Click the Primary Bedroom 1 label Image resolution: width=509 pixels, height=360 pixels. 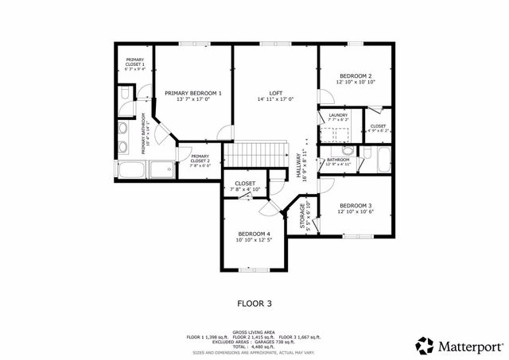(193, 93)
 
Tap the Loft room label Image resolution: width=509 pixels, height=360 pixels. (276, 93)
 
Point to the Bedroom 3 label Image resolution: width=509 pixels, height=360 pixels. (356, 204)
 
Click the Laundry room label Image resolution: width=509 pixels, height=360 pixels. (338, 116)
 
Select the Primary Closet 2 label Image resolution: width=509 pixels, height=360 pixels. (200, 158)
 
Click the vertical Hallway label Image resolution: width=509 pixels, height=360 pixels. (301, 166)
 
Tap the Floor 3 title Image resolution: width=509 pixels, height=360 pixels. (254, 303)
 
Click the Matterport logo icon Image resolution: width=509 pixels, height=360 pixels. (425, 346)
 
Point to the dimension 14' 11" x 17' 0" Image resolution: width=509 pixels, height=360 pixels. (276, 99)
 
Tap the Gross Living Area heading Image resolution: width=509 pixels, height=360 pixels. (254, 332)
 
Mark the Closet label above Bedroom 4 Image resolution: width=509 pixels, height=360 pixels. (245, 184)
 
